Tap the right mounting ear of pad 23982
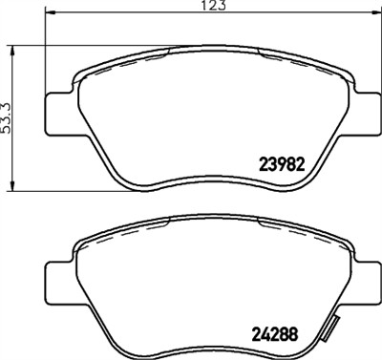(366, 111)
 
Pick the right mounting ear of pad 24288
(366, 284)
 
